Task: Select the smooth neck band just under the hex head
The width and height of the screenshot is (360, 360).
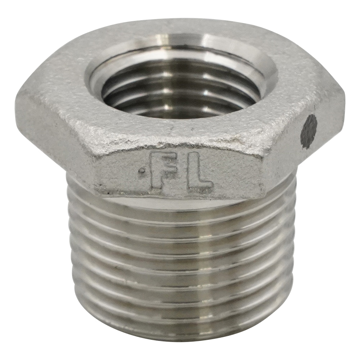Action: click(x=180, y=203)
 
